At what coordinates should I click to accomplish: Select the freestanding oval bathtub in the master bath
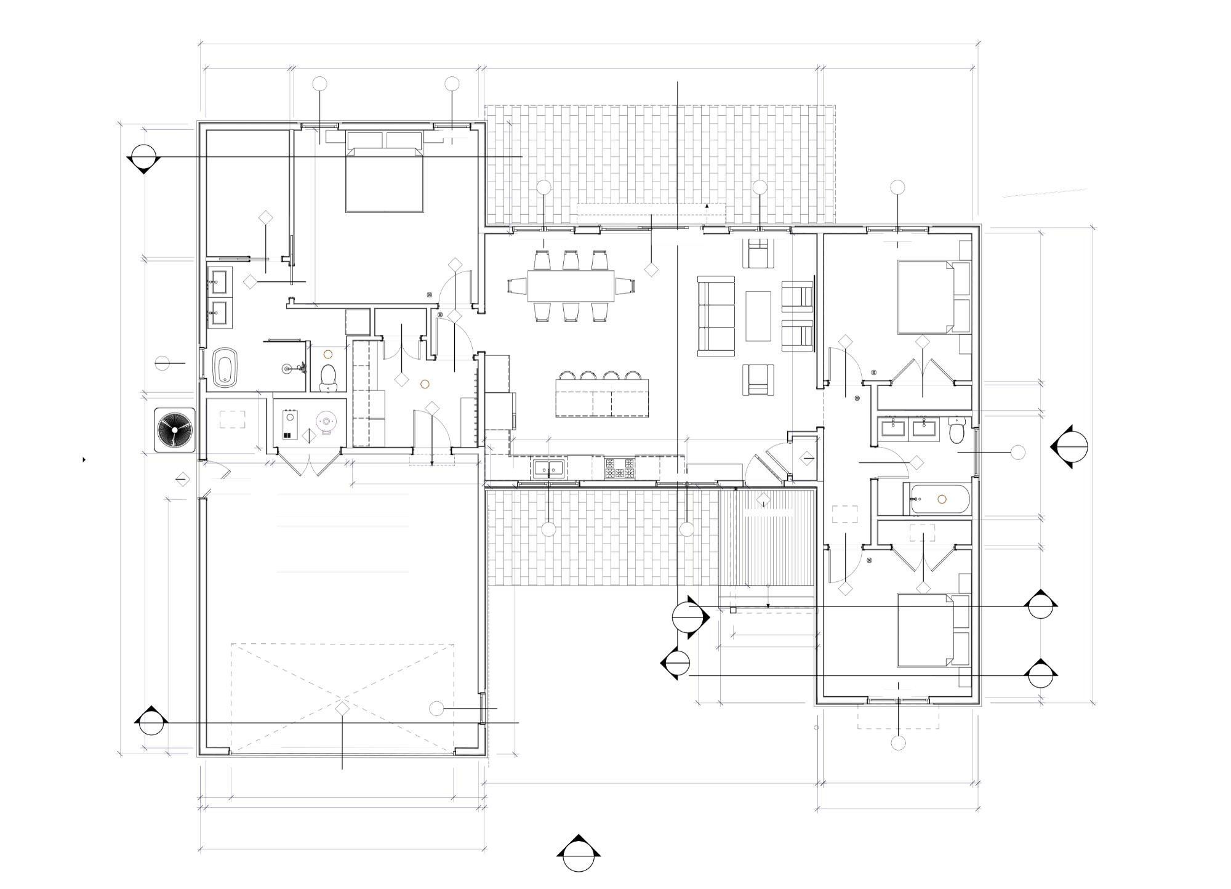coord(225,368)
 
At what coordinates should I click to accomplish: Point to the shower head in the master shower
coord(288,369)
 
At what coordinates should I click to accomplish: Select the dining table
coord(570,286)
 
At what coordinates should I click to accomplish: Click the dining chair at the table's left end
coord(517,286)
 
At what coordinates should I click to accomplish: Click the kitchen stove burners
coord(619,469)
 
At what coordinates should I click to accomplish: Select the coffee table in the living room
coord(758,316)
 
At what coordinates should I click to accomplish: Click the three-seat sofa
coord(716,316)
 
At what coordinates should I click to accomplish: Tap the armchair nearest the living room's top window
coord(760,254)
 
